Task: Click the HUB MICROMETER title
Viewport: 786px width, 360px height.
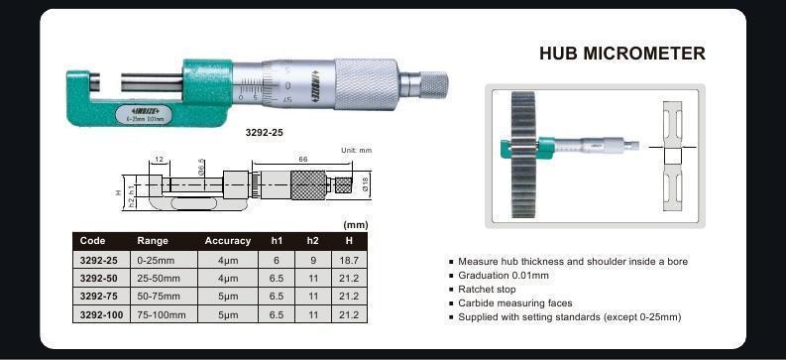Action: (x=621, y=54)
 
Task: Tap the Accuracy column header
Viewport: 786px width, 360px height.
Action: (x=227, y=241)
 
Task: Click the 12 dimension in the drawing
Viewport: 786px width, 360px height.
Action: (x=159, y=159)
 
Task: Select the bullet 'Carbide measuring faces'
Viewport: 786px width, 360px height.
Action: (x=514, y=302)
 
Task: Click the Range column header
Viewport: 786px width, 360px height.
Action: (x=153, y=241)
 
